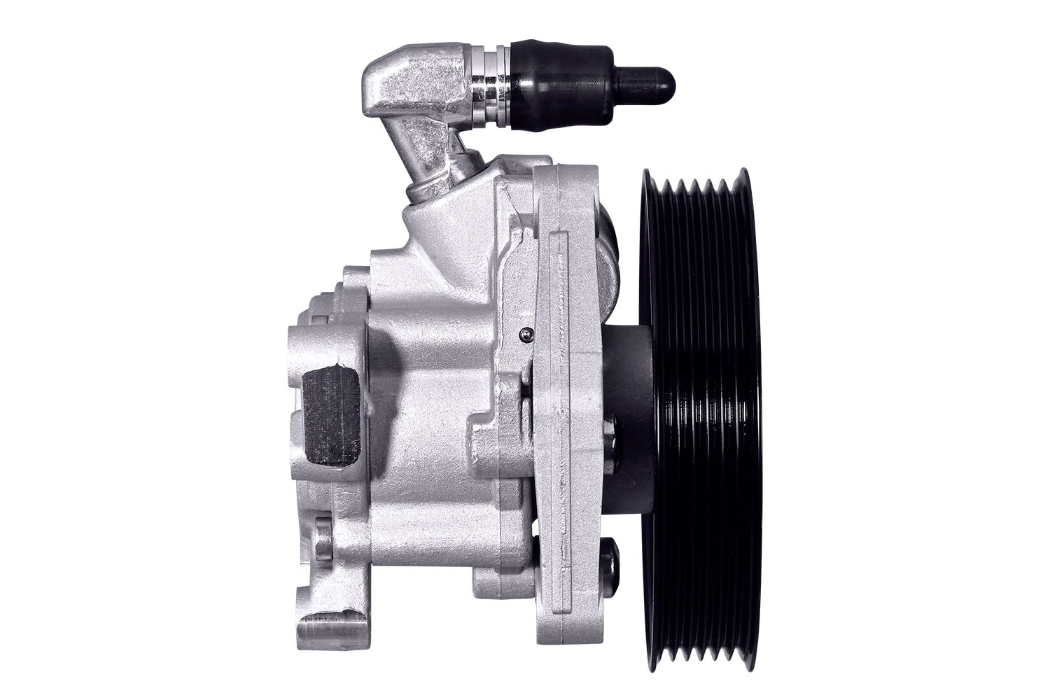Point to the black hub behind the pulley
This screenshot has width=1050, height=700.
click(x=626, y=420)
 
